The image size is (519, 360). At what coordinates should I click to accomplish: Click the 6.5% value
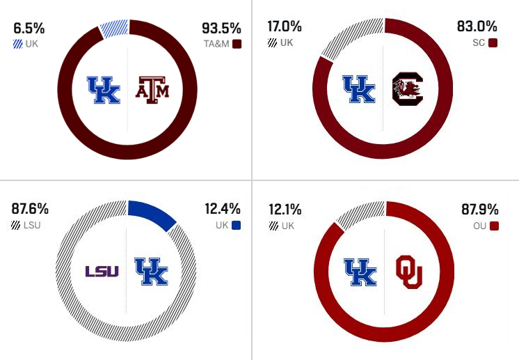pos(29,29)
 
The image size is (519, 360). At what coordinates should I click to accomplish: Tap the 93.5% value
pos(221,29)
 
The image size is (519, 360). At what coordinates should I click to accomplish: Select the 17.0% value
pos(285,26)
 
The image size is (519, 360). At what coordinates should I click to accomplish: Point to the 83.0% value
pos(477,26)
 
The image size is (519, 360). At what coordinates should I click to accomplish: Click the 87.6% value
pos(30,209)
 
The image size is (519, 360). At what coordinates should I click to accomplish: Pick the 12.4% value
pos(223,209)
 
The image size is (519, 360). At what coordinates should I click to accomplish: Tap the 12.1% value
pos(285,210)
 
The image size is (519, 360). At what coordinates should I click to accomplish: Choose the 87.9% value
pos(480,210)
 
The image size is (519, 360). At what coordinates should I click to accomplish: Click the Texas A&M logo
pos(152,90)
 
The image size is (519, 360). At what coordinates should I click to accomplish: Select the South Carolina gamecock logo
pos(408,88)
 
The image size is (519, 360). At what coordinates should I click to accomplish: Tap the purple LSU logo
pos(102,272)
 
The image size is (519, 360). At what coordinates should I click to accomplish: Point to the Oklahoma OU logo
pos(409,272)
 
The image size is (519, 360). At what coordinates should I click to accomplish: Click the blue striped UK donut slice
pos(115,29)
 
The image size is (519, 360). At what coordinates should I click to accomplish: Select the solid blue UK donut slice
pos(153,214)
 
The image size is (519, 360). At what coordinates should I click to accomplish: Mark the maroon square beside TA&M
pos(237,44)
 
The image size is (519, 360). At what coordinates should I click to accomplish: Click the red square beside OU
pos(494,226)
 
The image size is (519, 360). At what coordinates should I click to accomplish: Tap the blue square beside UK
pos(237,226)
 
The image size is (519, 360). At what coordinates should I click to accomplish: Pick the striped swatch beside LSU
pos(15,226)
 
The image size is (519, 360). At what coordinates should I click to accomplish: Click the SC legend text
pos(479,42)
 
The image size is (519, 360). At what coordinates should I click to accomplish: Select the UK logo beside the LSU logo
pos(151,272)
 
